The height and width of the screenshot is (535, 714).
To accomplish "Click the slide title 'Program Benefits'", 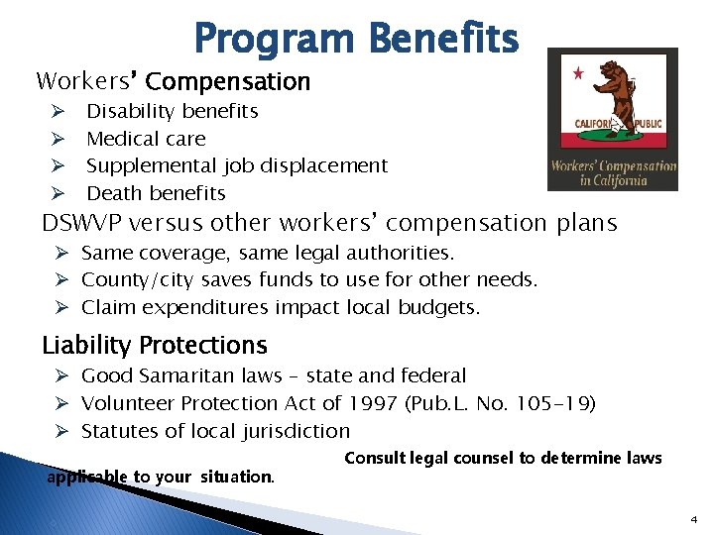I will [x=356, y=39].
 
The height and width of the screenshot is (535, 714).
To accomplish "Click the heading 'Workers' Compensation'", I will [x=174, y=81].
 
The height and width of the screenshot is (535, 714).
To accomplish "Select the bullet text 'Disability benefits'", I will [x=173, y=111].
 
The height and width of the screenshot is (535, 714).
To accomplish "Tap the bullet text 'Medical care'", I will [x=146, y=139].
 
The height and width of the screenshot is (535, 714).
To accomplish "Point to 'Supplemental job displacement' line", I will [x=237, y=165].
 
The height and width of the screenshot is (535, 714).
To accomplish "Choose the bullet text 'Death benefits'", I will [x=156, y=193].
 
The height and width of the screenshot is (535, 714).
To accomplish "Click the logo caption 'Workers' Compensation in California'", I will [x=613, y=173].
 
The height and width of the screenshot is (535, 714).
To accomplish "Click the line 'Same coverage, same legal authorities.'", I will [x=268, y=254].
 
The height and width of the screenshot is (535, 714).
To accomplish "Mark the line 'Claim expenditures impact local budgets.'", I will [x=281, y=307].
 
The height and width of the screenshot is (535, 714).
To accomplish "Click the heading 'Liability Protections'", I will [x=155, y=345].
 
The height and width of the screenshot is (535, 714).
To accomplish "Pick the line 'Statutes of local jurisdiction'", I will [x=215, y=431].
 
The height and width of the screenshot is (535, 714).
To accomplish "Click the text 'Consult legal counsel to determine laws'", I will [x=503, y=457].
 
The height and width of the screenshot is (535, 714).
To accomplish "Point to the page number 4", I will [x=693, y=519].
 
